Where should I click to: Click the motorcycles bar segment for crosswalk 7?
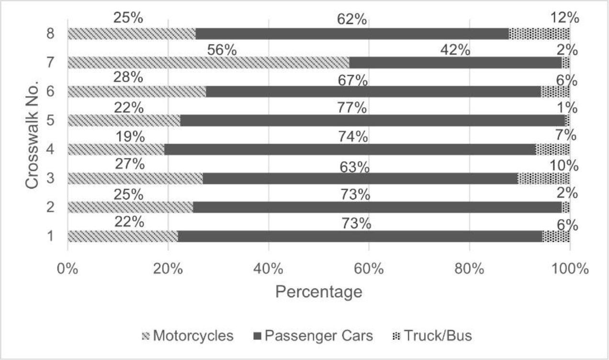click(x=208, y=63)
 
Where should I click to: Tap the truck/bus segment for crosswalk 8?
click(x=539, y=34)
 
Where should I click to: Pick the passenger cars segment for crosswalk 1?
click(x=360, y=236)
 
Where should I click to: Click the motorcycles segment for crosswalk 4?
click(x=116, y=149)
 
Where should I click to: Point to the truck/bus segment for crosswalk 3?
click(x=543, y=179)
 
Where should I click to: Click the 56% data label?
click(x=222, y=50)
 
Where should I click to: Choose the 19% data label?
click(x=129, y=136)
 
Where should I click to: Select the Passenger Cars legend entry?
click(x=313, y=336)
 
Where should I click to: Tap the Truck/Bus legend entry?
click(x=432, y=336)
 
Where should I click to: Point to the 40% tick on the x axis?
click(x=269, y=269)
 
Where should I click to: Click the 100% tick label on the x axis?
click(x=570, y=269)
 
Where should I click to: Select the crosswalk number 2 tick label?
click(x=49, y=207)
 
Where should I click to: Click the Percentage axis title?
click(x=318, y=291)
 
